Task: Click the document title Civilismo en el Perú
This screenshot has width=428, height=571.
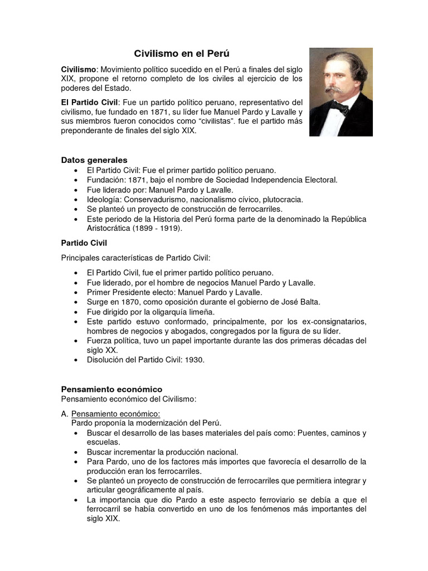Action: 182,54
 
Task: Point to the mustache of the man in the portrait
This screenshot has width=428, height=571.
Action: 337,89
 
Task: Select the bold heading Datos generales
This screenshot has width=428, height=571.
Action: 94,160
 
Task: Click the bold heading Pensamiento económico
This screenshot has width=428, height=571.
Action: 111,389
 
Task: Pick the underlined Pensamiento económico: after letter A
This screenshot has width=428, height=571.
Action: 116,413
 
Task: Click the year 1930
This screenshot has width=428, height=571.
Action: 193,360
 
